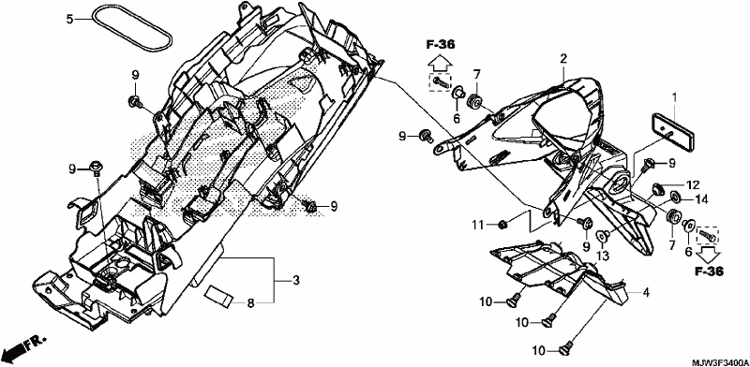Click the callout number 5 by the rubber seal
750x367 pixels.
[69, 20]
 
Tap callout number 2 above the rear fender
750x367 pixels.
[563, 59]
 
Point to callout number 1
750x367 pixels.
[673, 98]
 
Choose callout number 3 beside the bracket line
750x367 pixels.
[296, 281]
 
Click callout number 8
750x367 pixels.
[250, 302]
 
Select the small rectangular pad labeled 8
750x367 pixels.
[219, 296]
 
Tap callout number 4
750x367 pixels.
[646, 291]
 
